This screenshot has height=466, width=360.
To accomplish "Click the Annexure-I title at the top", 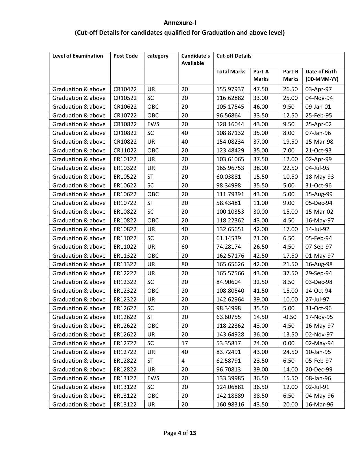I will (x=180, y=23).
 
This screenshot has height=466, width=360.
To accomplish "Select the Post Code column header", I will (x=125, y=56).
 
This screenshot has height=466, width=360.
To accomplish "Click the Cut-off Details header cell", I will (x=234, y=56).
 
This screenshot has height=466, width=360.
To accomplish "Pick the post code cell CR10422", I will (x=125, y=89).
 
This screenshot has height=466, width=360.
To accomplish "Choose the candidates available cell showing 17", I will (x=184, y=343).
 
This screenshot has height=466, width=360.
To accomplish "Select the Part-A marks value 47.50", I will (x=260, y=89).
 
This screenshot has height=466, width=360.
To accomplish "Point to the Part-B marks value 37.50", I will (x=290, y=273).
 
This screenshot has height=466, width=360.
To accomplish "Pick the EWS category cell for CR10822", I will (x=153, y=124).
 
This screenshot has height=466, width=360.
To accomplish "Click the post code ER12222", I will (x=125, y=273).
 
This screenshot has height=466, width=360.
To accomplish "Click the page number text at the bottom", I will (x=180, y=433).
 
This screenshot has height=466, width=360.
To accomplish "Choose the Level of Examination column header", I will (x=78, y=56).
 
